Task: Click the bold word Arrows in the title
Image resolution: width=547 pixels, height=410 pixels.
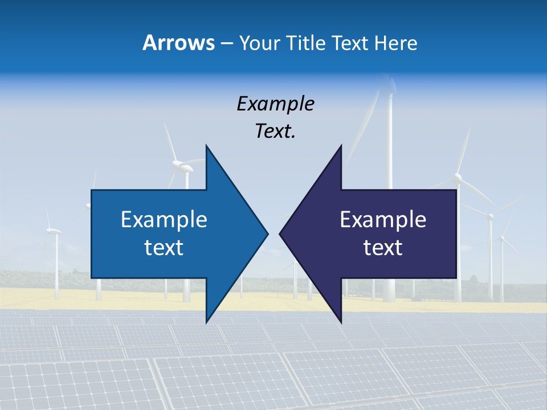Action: (x=178, y=43)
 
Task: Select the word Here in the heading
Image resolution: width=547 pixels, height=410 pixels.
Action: (x=396, y=43)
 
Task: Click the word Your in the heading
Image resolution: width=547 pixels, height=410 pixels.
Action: (x=259, y=43)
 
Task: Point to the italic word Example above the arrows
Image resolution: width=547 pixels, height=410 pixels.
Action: (x=275, y=104)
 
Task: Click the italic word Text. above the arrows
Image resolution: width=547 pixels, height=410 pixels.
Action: (x=275, y=131)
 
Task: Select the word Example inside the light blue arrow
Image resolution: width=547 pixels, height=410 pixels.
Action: (x=164, y=220)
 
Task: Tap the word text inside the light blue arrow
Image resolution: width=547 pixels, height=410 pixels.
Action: (x=164, y=248)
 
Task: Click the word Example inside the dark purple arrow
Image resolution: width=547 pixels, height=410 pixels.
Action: (x=383, y=220)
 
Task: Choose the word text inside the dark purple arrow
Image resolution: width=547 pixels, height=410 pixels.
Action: (x=383, y=248)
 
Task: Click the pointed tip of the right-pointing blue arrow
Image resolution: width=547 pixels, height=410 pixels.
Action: (x=268, y=233)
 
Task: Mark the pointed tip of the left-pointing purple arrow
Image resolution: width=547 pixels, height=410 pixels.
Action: (x=280, y=233)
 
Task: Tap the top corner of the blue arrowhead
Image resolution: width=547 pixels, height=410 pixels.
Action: (x=206, y=145)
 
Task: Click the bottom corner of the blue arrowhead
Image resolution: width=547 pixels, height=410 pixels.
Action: (x=206, y=322)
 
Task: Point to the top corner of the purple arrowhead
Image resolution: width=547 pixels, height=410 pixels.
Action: (x=341, y=145)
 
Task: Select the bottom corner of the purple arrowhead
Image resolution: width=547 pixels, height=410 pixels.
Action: (x=341, y=322)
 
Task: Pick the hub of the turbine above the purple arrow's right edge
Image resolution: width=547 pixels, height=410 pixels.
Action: (x=457, y=178)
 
